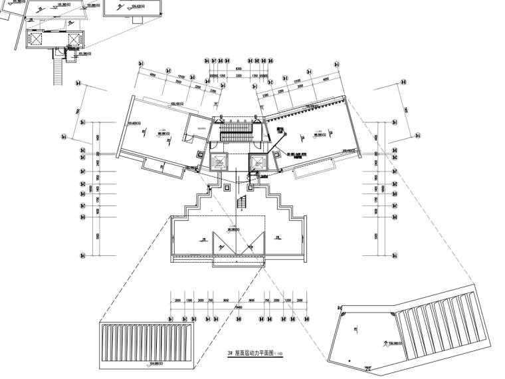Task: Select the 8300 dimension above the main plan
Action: [x=238, y=69]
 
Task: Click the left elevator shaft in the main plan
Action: [x=218, y=162]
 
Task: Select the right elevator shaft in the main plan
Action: [x=258, y=162]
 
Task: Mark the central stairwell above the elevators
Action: [x=237, y=131]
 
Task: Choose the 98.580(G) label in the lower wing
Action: [x=233, y=230]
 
